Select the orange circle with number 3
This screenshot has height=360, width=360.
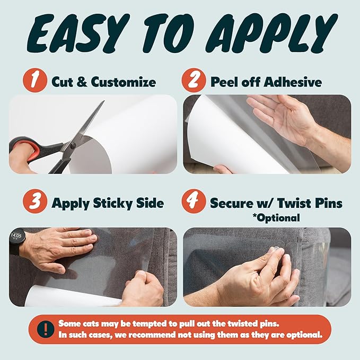35,204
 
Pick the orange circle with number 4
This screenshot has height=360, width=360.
194,204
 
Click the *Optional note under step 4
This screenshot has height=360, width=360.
277,217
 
